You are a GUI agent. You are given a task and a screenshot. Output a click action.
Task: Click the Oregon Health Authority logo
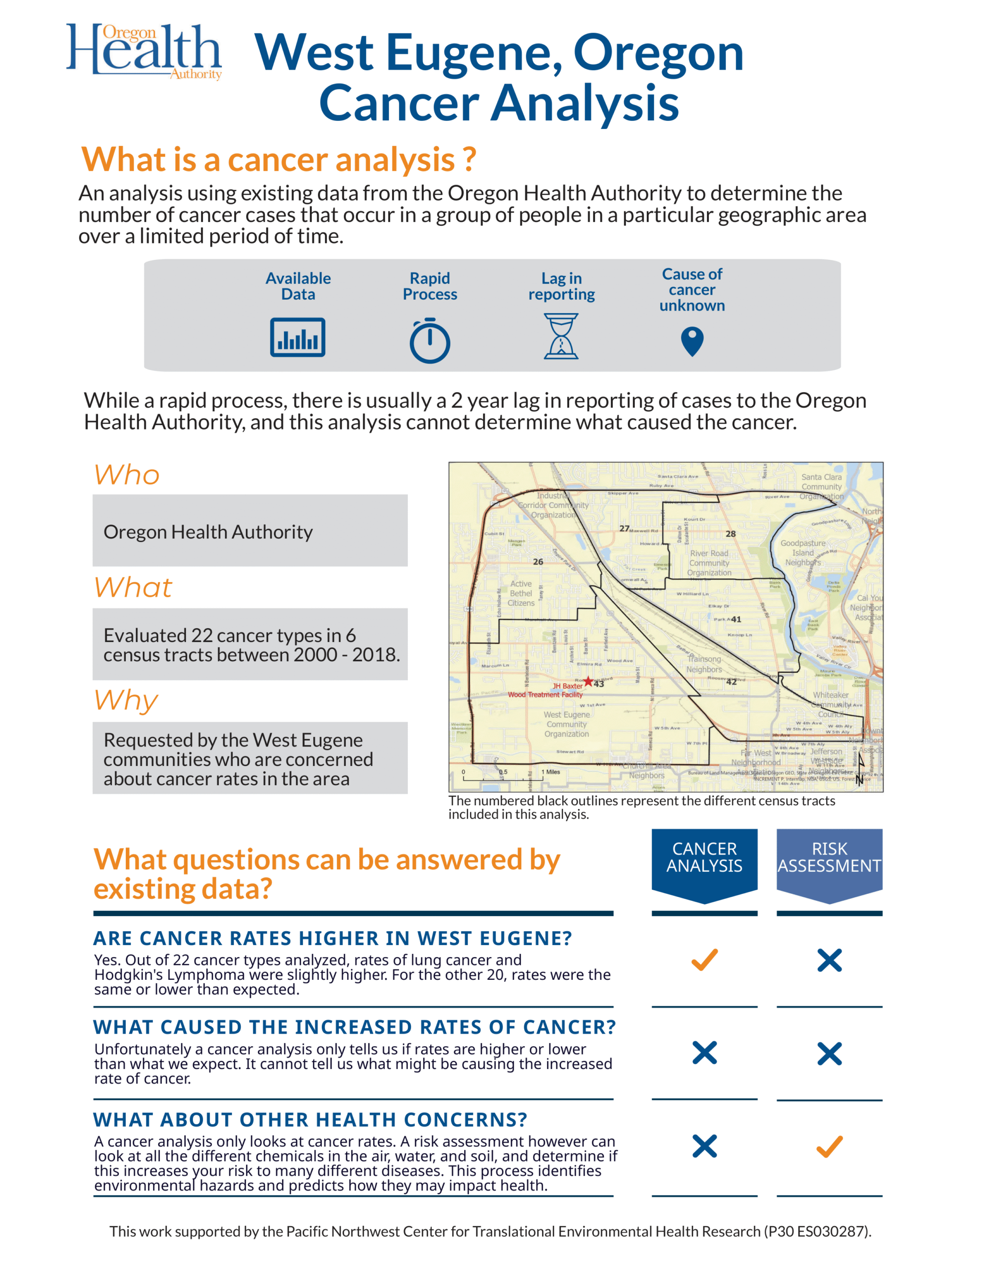click(x=144, y=51)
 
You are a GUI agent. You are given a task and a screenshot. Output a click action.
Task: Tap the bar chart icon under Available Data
click(x=297, y=337)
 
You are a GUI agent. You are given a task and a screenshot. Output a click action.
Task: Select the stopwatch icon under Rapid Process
click(x=430, y=341)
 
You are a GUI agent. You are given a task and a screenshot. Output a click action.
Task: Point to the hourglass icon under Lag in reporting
click(x=561, y=336)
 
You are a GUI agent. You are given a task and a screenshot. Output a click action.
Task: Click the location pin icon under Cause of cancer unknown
click(x=692, y=341)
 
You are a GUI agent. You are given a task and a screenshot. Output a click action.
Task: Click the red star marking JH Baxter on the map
click(x=589, y=681)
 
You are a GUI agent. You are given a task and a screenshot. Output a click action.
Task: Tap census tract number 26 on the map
click(x=538, y=562)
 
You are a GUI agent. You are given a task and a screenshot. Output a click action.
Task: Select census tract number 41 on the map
click(x=736, y=619)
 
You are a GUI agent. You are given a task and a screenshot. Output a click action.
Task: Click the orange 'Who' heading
click(x=127, y=475)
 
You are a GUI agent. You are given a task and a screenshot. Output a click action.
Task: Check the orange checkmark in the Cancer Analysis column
click(x=704, y=960)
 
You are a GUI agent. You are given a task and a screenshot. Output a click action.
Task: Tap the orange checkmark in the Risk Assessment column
click(x=829, y=1147)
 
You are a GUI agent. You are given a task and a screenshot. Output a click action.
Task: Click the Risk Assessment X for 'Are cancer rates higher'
click(x=829, y=960)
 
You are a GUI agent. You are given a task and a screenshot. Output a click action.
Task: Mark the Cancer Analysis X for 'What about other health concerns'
click(x=704, y=1146)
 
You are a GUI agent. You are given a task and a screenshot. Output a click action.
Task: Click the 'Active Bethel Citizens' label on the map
click(x=521, y=593)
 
